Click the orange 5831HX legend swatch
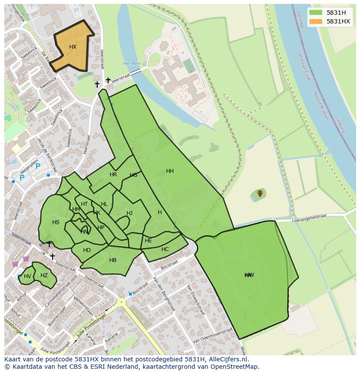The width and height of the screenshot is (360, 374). coord(316,21)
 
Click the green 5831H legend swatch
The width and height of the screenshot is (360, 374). coord(316,13)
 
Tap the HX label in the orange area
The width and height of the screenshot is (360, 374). coord(73,47)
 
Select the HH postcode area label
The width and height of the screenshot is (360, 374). coord(170,171)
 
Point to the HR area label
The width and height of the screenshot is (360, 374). coord(113,175)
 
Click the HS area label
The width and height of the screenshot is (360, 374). coord(56,222)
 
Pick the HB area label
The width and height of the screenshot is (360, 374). coord(113,260)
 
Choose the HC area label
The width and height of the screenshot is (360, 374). coord(165,249)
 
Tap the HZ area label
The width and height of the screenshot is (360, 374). coord(44,275)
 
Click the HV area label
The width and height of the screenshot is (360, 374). coord(27,276)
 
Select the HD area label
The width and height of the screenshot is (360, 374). coord(87,250)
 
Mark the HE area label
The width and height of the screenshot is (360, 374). coord(148,241)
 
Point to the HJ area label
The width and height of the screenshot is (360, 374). coord(130,213)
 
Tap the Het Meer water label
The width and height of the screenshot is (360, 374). coord(132,63)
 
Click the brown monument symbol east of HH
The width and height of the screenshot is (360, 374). coord(260,193)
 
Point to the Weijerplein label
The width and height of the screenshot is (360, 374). coord(20,168)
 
